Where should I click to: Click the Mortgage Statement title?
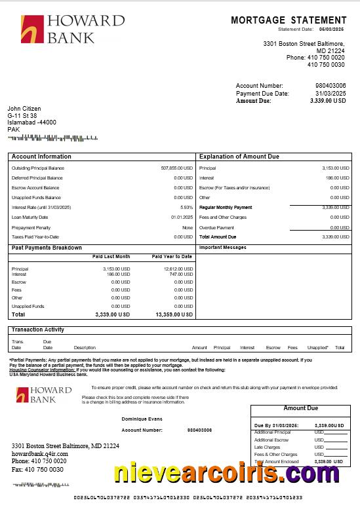289,20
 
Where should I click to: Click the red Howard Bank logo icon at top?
32,29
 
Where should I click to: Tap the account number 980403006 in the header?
330,86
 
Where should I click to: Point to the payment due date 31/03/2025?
330,94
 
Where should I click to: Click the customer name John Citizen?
24,109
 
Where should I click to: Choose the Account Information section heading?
41,157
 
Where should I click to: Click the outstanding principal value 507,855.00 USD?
176,168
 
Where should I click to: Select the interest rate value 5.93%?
186,208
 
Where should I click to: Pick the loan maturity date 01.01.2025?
182,218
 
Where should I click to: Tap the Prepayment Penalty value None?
188,227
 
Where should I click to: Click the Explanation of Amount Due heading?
239,157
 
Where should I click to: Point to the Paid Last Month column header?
113,257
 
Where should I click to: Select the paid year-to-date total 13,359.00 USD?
174,315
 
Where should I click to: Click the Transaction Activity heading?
37,330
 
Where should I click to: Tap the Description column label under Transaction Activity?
85,348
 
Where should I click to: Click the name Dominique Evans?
141,419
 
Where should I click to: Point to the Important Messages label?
222,248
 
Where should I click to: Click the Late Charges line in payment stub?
267,447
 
